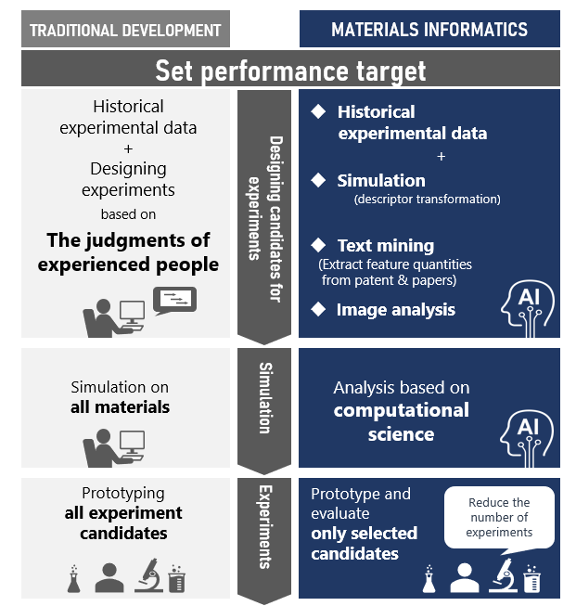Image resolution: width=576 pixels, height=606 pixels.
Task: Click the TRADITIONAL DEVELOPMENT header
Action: (x=125, y=30)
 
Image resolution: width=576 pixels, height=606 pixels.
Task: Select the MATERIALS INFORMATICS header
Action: (x=429, y=30)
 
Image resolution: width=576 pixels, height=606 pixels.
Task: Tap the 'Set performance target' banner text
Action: (x=290, y=70)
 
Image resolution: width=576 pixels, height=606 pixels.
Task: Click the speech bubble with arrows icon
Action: (x=179, y=299)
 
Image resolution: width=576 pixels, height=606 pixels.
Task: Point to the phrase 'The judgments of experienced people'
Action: (x=128, y=251)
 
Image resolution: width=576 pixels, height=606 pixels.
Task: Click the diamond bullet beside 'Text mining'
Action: (x=318, y=245)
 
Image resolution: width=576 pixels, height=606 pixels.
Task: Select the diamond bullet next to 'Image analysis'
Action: (x=318, y=308)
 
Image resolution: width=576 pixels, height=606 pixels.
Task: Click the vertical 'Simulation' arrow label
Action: (x=264, y=398)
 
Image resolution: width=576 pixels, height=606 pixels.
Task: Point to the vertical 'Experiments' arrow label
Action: (x=264, y=526)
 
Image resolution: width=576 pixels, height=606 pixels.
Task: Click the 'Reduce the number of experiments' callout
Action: (x=499, y=518)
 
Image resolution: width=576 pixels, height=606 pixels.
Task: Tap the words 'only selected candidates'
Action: (x=364, y=543)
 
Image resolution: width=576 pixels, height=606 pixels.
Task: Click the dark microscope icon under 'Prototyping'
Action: (x=148, y=576)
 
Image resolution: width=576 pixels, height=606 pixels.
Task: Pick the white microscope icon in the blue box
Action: (x=500, y=576)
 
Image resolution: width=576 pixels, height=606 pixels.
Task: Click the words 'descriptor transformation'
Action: (x=427, y=199)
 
